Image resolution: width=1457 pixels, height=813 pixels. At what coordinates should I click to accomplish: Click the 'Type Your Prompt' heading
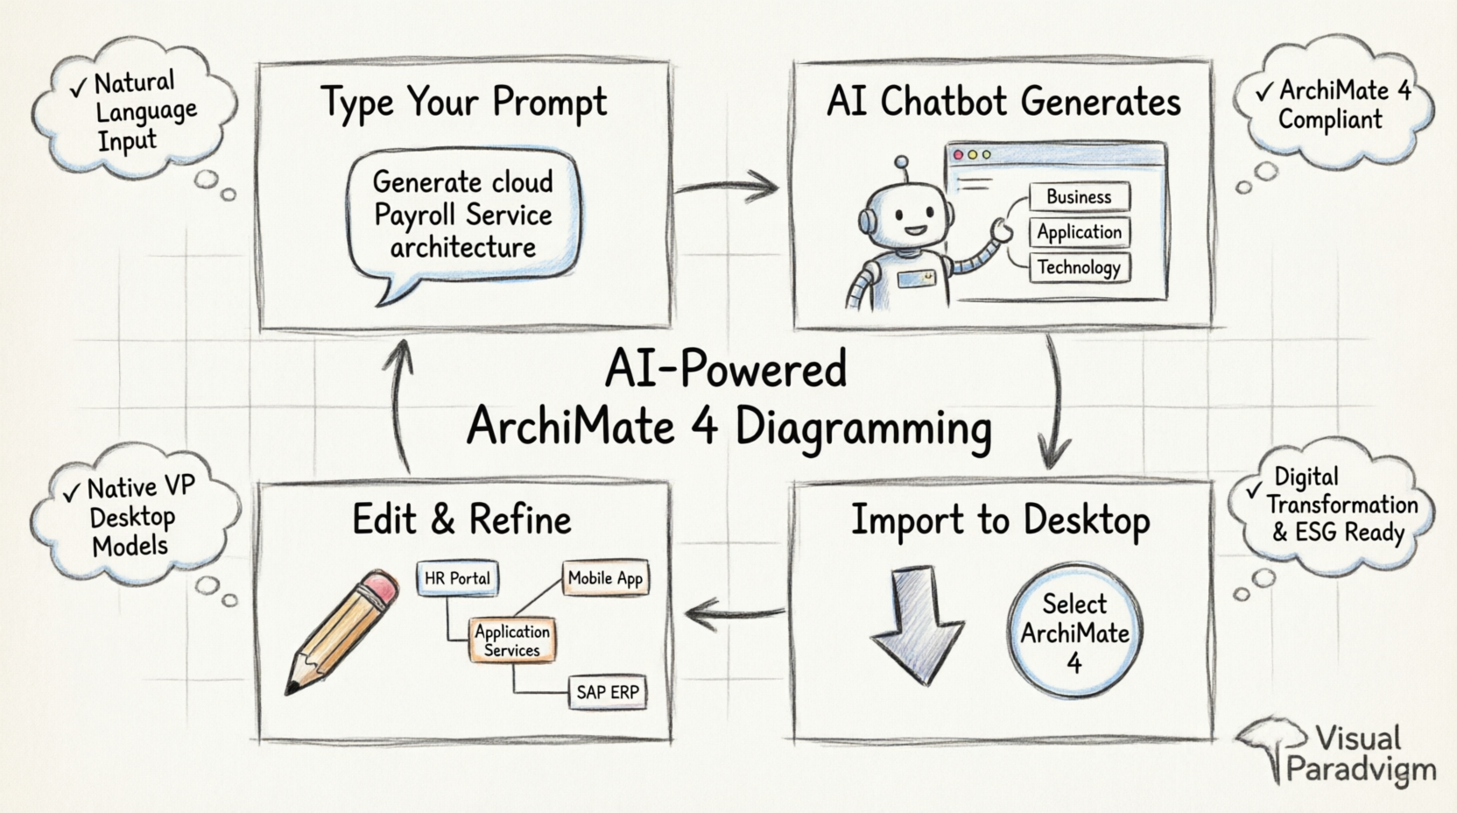point(463,103)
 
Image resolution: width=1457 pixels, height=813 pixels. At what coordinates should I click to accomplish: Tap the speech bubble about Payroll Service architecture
point(463,216)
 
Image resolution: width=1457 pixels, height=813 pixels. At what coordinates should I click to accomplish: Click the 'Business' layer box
point(1079,197)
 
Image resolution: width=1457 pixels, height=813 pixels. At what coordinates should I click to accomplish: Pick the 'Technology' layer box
point(1079,267)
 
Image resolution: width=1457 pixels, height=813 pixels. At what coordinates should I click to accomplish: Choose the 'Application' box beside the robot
point(1079,232)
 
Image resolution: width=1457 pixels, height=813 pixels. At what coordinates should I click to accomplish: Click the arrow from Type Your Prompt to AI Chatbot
point(727,186)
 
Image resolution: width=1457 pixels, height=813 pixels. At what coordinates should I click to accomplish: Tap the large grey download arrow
point(917,622)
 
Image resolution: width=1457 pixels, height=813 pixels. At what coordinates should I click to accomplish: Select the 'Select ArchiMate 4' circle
point(1074,632)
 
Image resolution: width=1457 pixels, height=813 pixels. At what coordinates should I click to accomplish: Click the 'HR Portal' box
point(457,578)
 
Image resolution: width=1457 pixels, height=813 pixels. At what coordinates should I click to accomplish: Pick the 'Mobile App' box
point(605,578)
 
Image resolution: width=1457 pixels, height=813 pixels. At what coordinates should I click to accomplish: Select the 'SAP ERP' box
point(607,692)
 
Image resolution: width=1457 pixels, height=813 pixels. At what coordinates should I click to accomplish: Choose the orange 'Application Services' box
point(512,640)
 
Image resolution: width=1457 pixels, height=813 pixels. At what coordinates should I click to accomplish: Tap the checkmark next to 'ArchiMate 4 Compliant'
point(1263,92)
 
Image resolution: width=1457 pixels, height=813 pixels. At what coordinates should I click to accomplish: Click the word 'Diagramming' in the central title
point(862,428)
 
